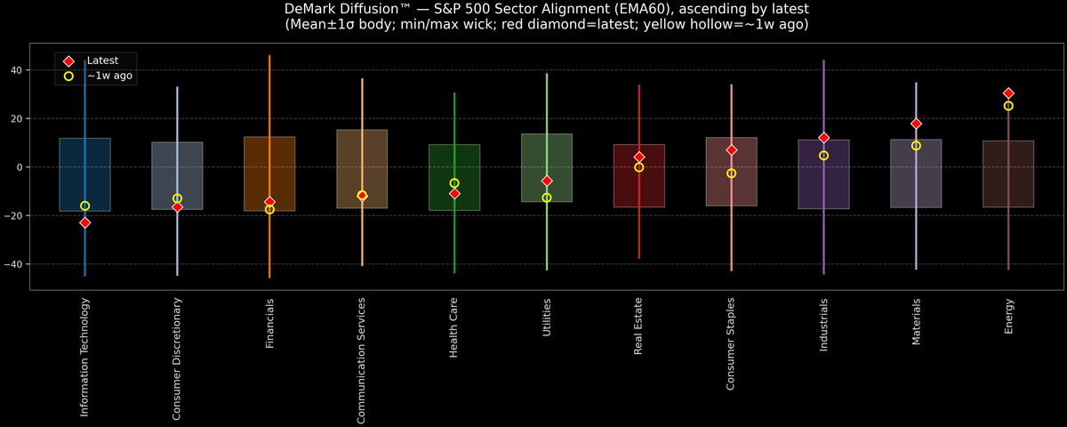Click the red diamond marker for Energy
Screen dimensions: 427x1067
pos(1008,93)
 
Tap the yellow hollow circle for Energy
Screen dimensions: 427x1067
pos(1008,106)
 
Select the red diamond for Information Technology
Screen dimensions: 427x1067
pos(85,222)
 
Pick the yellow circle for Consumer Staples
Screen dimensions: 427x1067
pos(732,173)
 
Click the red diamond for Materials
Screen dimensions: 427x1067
pos(916,124)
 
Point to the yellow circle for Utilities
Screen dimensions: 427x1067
pos(547,197)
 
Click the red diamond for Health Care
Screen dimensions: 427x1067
pos(454,193)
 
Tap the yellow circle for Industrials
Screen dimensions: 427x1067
pos(824,156)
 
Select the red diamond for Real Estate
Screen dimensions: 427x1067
pos(639,157)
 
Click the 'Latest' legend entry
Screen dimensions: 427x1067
pos(101,60)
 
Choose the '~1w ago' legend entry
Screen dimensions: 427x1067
pos(108,77)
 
